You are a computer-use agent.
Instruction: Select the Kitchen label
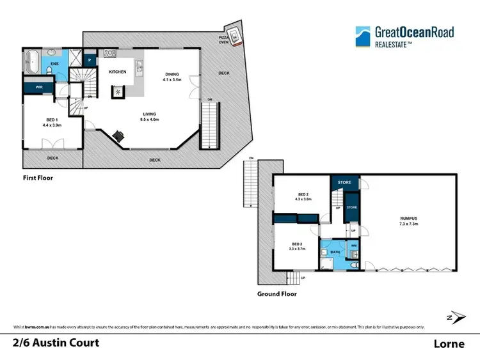(x=117, y=72)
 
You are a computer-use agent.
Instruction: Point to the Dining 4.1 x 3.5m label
(x=173, y=77)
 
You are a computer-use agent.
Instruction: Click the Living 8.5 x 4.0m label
(x=150, y=116)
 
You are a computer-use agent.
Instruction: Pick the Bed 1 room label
(x=52, y=123)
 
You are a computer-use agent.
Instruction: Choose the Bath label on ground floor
(x=335, y=253)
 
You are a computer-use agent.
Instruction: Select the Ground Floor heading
(x=277, y=294)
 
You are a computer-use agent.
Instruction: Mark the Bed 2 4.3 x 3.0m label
(x=305, y=196)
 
